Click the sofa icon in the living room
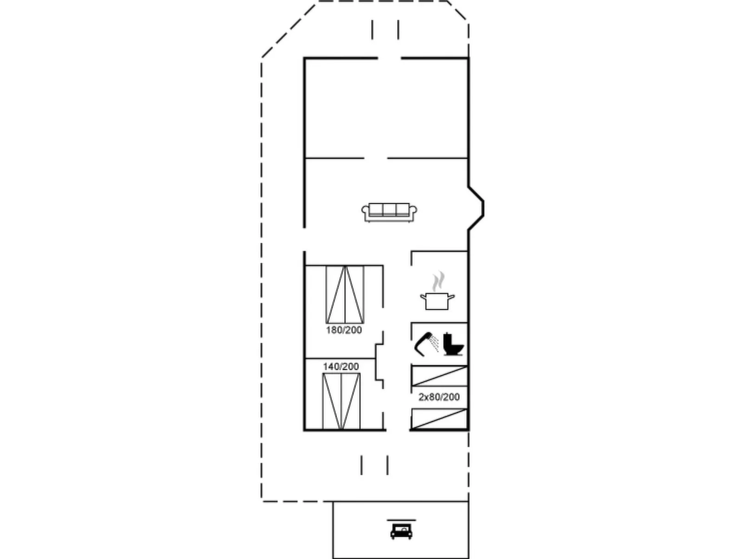[389, 212]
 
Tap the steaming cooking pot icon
[437, 300]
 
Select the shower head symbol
[424, 343]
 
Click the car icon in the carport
[401, 531]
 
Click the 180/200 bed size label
[344, 330]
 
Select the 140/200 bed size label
[341, 366]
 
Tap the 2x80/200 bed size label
[439, 397]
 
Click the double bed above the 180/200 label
[345, 295]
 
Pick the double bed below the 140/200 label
[341, 401]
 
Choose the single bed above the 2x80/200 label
[439, 376]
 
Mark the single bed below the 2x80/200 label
[439, 419]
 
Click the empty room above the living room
[386, 108]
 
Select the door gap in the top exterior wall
[389, 58]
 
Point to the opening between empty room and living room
[375, 158]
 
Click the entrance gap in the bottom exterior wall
[398, 430]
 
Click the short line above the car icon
[401, 520]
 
